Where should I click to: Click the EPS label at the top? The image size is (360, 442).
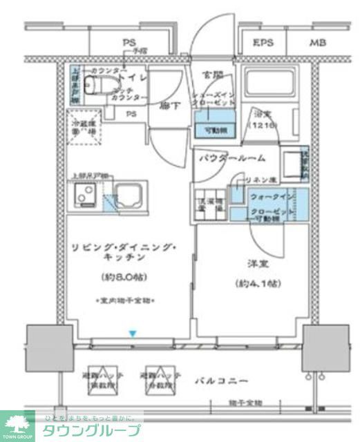coord(263,43)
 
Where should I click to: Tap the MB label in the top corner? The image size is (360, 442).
coord(317,43)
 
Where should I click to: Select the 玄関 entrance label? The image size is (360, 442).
coord(211,75)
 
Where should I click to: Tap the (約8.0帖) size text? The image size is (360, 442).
coord(125,278)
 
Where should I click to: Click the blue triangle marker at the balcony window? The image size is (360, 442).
coord(133,335)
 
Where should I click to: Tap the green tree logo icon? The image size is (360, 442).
coord(17,423)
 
